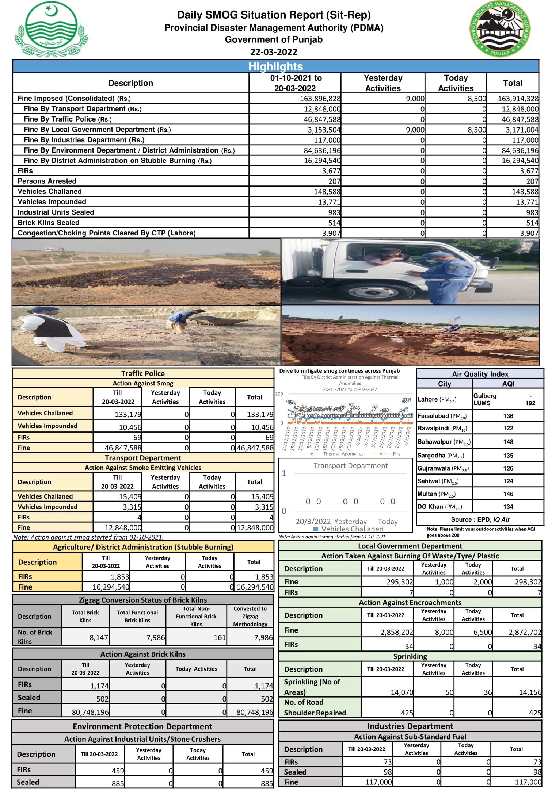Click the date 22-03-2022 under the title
pos(274,52)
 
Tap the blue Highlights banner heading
pos(275,66)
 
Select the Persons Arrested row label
pos(47,181)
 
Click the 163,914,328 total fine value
pos(518,99)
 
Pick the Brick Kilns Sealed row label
pos(49,223)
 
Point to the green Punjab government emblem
pos(51,29)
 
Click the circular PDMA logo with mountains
pos(500,29)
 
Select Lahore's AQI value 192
pos(530,403)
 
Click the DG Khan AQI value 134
pos(508,507)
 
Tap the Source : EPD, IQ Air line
pos(480,519)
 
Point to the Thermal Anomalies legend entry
pos(343,454)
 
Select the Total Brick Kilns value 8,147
pos(99,637)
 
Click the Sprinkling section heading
pos(410,656)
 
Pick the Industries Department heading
pos(410,726)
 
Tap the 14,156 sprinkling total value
pos(530,692)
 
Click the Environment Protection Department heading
pos(142,726)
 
